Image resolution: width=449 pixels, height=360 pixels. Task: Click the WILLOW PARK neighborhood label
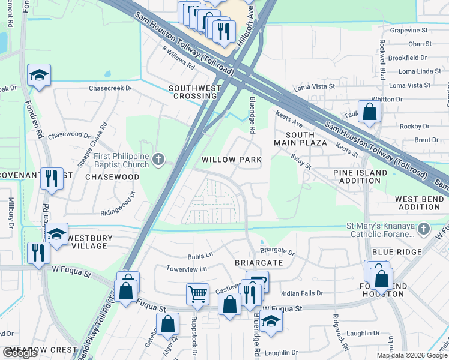click(x=231, y=160)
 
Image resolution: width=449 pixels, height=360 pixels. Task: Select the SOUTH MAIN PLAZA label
click(x=300, y=139)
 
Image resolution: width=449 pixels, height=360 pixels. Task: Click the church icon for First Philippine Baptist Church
click(x=158, y=159)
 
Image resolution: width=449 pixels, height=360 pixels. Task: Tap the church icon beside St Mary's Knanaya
click(x=424, y=229)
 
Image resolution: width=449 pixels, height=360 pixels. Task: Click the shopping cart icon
click(x=197, y=294)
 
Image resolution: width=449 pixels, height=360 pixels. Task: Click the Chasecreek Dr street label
click(x=110, y=88)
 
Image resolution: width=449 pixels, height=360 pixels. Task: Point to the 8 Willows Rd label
click(x=178, y=58)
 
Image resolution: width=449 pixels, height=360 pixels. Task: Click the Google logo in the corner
click(x=20, y=353)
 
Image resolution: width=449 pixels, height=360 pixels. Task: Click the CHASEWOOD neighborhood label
click(x=112, y=177)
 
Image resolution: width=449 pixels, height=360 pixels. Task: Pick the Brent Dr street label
click(x=426, y=140)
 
